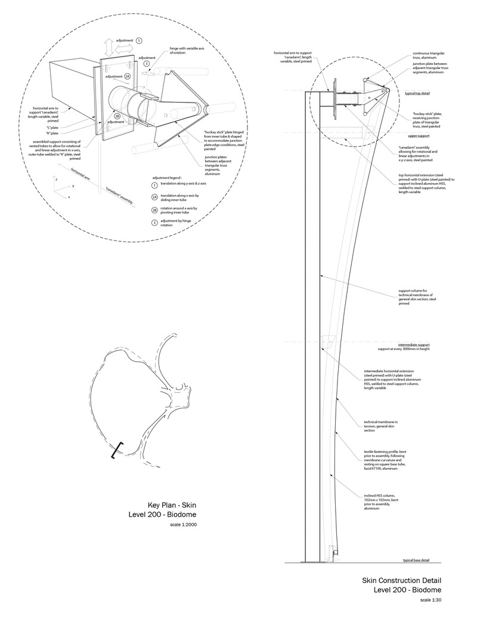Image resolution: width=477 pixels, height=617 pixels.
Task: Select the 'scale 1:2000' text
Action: [183, 525]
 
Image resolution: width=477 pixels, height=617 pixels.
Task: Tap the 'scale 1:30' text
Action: [430, 600]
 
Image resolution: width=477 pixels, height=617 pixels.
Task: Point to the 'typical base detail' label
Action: [416, 560]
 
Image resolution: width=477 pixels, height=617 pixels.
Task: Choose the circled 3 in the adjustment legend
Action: [154, 222]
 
